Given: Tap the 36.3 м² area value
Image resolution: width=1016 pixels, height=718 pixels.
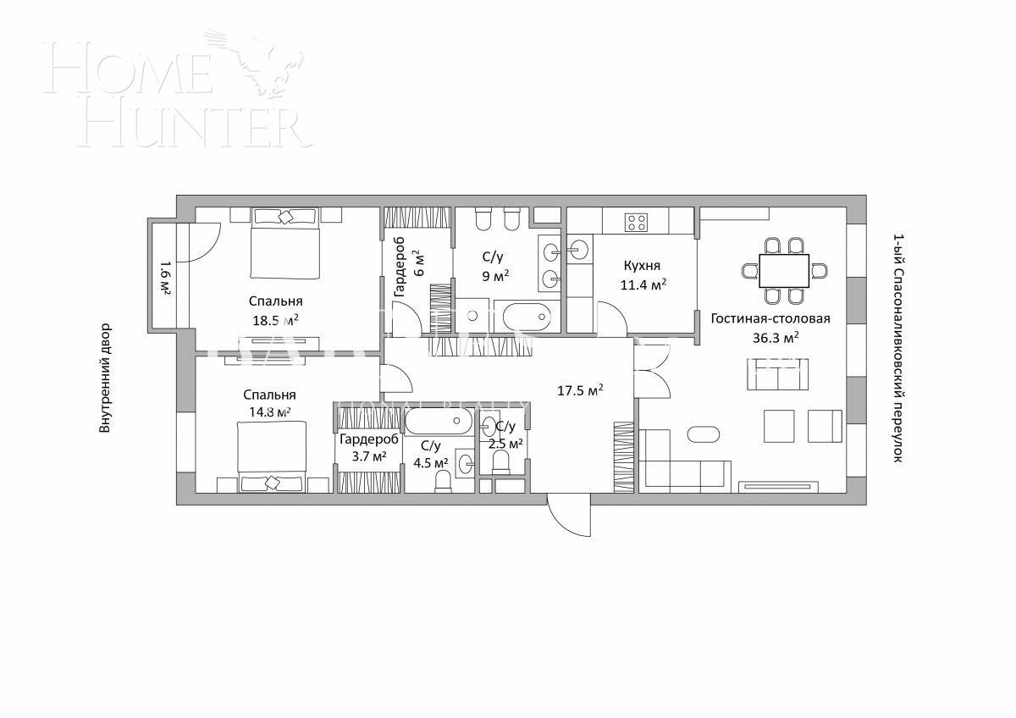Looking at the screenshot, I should click(769, 338).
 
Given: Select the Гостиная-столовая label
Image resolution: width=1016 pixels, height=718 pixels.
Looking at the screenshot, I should click(770, 319).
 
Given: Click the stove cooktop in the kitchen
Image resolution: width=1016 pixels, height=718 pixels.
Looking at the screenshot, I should click(636, 223).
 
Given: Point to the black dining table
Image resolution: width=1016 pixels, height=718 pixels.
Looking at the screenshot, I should click(784, 271).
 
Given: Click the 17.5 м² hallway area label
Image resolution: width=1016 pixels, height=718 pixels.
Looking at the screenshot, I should click(580, 390).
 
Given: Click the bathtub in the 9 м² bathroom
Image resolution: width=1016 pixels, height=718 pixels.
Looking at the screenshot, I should click(526, 318).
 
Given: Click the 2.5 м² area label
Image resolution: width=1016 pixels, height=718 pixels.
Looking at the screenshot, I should click(505, 443).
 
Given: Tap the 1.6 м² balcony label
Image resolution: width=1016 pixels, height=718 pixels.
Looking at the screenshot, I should click(164, 277).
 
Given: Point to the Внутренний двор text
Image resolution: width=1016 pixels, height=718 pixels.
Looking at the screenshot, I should click(105, 378).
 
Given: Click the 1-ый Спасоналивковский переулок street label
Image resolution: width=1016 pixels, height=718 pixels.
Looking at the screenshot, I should click(898, 348).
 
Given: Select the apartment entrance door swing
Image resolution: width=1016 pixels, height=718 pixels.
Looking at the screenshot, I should click(567, 515).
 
